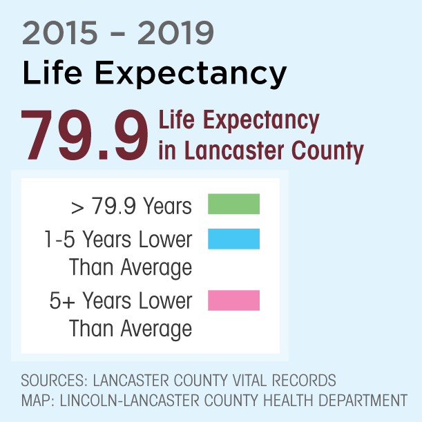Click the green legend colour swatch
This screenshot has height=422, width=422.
[233, 204]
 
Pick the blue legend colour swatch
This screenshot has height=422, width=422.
[233, 239]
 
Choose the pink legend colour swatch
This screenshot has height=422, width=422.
[233, 300]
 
